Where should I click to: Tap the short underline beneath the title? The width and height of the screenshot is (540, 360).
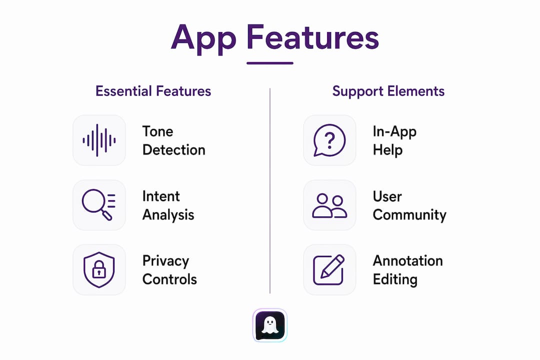(x=270, y=63)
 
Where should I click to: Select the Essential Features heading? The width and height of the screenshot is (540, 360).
(x=153, y=91)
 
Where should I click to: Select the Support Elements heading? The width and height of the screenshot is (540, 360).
(x=388, y=91)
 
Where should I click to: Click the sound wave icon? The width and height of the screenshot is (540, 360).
(x=99, y=140)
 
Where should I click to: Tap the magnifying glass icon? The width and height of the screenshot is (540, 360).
(x=98, y=204)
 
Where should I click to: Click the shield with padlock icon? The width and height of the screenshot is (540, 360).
(x=99, y=269)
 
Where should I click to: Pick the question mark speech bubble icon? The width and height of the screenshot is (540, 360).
(x=329, y=140)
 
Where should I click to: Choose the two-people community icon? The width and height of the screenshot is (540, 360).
(x=329, y=205)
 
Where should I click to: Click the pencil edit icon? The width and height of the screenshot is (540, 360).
(x=329, y=269)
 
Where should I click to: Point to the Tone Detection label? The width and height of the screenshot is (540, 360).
(x=174, y=140)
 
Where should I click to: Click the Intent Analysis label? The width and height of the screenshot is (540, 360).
(x=168, y=205)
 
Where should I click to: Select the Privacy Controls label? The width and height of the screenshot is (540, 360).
(x=170, y=270)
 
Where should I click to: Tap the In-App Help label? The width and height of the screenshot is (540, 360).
(x=394, y=141)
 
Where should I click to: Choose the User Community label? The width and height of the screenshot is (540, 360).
(x=409, y=205)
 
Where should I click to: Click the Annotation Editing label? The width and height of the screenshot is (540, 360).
(x=408, y=270)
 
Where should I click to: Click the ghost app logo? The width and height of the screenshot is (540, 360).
(x=270, y=325)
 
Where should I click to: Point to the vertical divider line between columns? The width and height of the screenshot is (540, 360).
(x=270, y=191)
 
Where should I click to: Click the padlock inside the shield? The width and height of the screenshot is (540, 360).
(x=99, y=269)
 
